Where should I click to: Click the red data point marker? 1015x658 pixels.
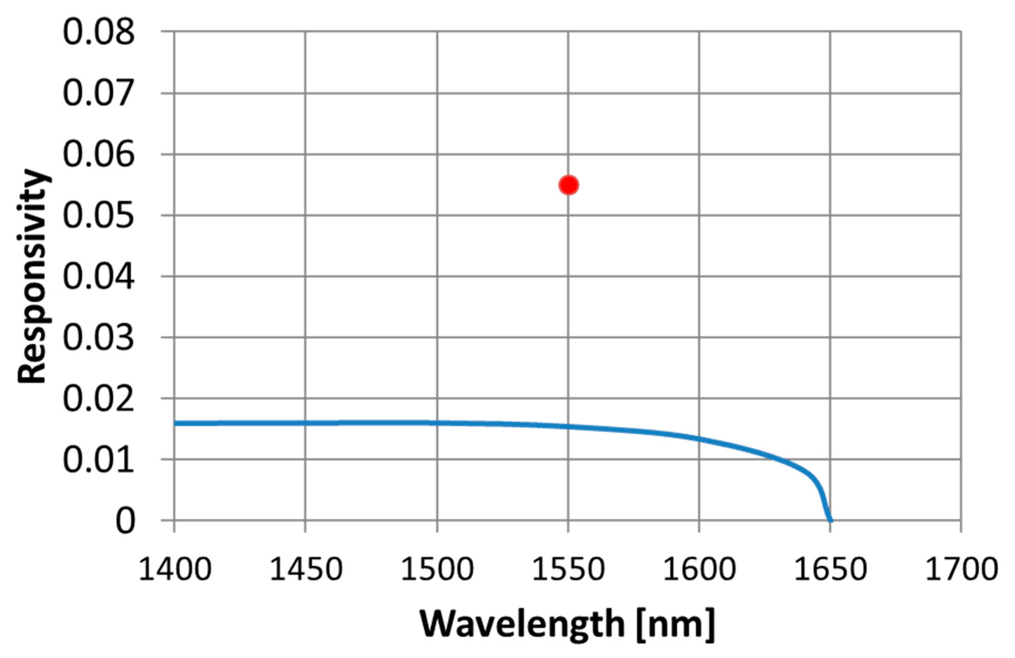tap(569, 185)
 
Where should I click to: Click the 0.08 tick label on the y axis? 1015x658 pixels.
tap(99, 32)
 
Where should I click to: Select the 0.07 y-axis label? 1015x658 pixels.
tap(99, 94)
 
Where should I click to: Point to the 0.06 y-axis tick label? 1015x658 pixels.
tap(99, 154)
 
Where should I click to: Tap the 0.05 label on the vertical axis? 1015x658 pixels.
tap(99, 216)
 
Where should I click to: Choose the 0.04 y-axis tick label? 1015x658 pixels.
tap(99, 277)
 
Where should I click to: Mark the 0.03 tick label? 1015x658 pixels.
tap(99, 338)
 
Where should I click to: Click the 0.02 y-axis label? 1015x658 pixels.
tap(99, 399)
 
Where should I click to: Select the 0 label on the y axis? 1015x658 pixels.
tap(125, 521)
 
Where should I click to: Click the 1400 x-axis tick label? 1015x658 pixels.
tap(175, 569)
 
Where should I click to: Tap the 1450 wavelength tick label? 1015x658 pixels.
tap(306, 569)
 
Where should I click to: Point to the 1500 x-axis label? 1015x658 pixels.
tap(437, 569)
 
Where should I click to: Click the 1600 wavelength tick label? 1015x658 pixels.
tap(699, 569)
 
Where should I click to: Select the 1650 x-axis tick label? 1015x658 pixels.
tap(830, 569)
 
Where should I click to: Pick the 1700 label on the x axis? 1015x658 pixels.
tap(961, 569)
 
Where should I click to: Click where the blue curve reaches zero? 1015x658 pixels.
tap(830, 520)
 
